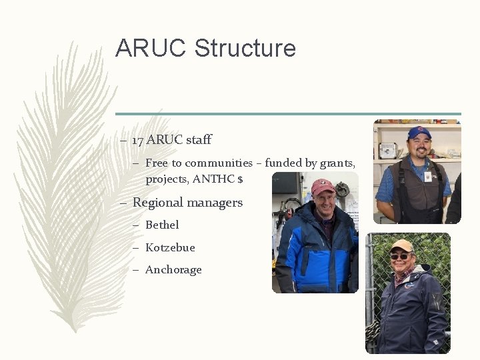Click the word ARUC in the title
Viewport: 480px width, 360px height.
click(151, 48)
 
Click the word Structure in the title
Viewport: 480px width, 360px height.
click(245, 48)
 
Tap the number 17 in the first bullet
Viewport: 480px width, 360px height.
click(137, 140)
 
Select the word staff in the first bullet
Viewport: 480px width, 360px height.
click(199, 140)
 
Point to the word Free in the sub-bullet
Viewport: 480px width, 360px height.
click(156, 163)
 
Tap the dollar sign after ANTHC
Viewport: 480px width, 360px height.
click(240, 180)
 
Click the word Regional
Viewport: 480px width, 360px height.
click(157, 203)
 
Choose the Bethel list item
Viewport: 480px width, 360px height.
click(162, 225)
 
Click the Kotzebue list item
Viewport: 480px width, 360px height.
click(170, 248)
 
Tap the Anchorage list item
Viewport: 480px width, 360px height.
click(173, 270)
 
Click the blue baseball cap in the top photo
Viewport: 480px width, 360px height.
click(419, 132)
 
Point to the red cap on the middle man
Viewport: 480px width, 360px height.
click(323, 186)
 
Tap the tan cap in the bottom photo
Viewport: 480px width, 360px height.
click(401, 245)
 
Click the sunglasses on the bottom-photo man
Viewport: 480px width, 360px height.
click(400, 256)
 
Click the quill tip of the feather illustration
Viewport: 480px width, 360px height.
click(75, 329)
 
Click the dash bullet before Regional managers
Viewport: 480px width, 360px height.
click(123, 203)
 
